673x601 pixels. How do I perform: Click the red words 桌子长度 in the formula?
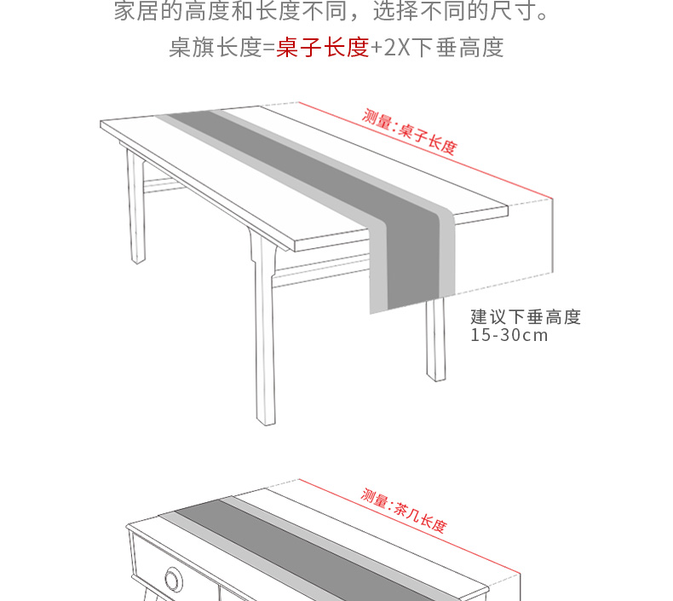point(322,47)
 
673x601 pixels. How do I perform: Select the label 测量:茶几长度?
point(403,511)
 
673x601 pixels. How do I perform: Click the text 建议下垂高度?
point(526,317)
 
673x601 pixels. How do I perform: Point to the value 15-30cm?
point(509,335)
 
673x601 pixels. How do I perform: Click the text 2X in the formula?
point(397,47)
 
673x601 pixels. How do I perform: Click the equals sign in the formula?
point(268,47)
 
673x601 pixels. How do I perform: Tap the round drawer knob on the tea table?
point(174,580)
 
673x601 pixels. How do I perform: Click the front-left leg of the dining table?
point(263,341)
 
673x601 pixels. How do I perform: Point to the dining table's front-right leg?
point(436,341)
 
